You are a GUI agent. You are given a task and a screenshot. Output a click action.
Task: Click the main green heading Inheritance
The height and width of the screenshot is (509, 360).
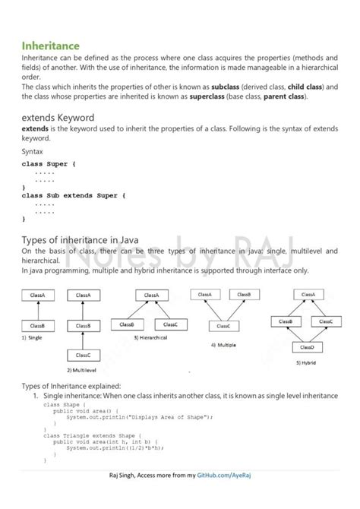tap(51, 46)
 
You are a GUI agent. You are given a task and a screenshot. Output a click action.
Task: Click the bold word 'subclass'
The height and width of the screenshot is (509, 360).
tap(229, 87)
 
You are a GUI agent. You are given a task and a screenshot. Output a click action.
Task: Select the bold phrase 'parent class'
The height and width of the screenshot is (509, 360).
tap(283, 96)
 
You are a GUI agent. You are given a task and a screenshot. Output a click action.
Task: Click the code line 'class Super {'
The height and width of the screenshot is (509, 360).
tap(49, 163)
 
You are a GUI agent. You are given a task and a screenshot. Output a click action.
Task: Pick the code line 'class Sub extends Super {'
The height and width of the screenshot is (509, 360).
tap(74, 195)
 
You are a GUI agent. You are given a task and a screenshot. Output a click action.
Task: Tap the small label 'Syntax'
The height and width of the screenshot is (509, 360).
tap(33, 151)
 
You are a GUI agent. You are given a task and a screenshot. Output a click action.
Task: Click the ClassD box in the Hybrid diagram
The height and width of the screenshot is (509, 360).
tap(307, 347)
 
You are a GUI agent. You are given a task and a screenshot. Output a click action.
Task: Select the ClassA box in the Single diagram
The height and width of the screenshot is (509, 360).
tap(36, 295)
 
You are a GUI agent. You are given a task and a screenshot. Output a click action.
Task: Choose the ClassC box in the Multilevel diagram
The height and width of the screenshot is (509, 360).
tap(83, 355)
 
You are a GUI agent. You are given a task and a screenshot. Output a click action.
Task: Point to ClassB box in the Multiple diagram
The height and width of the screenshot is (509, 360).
tap(243, 294)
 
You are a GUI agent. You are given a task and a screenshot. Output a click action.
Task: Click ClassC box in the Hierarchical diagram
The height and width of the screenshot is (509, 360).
tap(170, 324)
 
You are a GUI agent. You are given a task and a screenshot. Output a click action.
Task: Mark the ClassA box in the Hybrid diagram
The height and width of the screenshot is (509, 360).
tap(308, 294)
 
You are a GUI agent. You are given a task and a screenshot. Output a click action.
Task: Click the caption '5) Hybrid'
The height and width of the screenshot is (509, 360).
tap(308, 364)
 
